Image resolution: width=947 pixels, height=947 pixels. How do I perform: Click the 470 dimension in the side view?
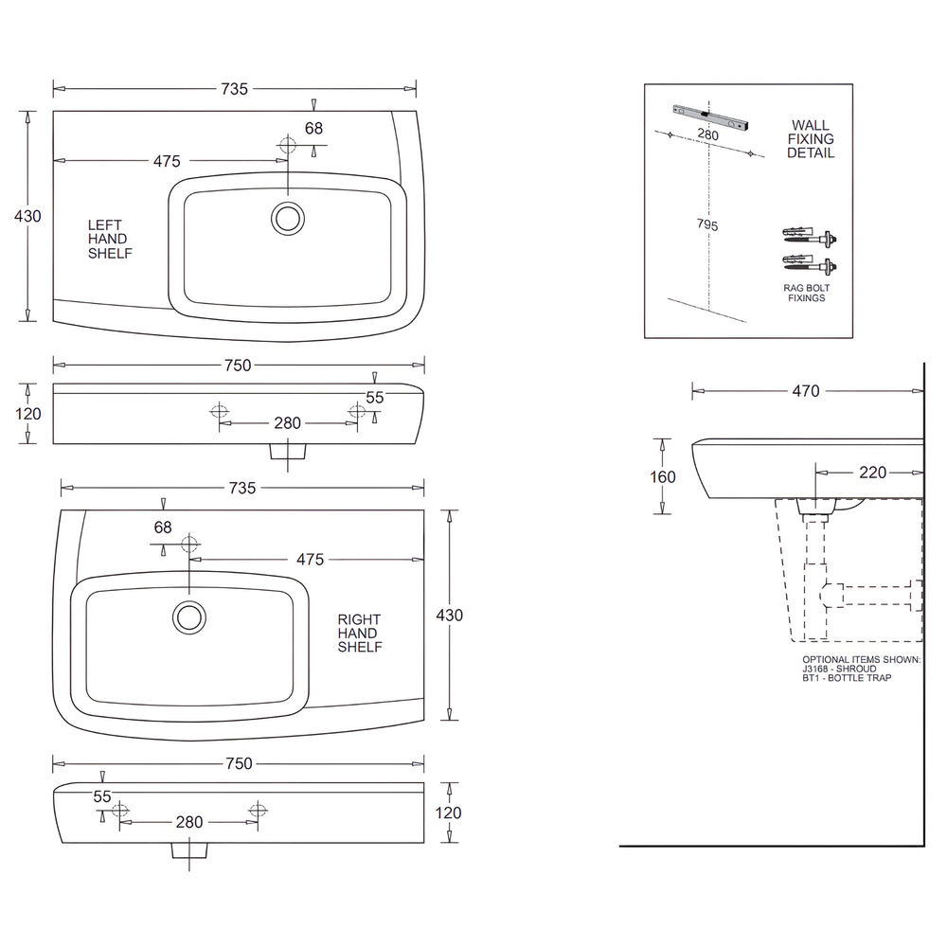(806, 390)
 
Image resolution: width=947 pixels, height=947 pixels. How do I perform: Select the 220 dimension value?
(873, 473)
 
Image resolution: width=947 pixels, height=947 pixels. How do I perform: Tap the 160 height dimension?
(664, 476)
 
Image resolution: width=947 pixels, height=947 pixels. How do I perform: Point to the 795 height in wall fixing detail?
(706, 224)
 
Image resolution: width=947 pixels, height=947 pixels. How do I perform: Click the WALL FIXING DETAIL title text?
(810, 139)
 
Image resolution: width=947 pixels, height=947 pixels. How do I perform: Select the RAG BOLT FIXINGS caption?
(804, 292)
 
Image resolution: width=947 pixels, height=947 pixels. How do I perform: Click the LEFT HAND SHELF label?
(110, 240)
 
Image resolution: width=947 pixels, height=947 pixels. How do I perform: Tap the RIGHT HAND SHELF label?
(360, 634)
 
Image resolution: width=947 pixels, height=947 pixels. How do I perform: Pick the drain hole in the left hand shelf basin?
(287, 218)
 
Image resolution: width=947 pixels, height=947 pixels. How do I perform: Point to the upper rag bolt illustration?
(809, 235)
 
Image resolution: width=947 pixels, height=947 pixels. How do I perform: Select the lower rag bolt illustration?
(809, 261)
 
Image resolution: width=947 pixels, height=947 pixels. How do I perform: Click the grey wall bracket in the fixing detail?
(709, 116)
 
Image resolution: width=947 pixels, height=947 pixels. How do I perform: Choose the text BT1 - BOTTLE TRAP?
(847, 678)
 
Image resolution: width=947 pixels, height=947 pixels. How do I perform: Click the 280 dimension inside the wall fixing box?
(707, 135)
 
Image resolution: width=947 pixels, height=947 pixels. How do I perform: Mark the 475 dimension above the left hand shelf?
(167, 161)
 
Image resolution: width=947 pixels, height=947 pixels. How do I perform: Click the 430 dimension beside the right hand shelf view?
(450, 615)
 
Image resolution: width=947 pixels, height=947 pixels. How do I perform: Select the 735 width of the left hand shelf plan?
(234, 89)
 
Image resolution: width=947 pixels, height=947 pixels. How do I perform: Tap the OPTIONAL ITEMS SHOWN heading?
(861, 659)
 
